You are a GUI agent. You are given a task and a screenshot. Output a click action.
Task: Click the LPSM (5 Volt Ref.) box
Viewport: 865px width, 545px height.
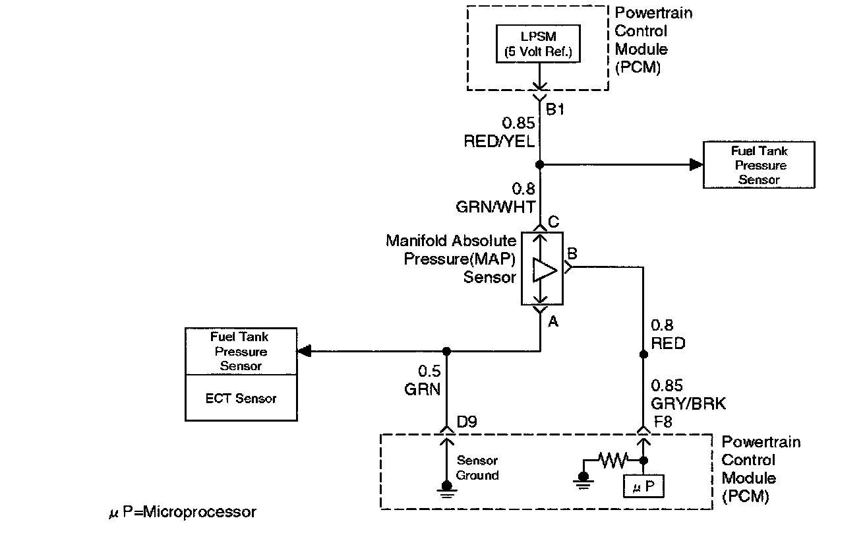(538, 44)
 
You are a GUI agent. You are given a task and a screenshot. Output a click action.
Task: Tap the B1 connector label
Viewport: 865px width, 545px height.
(555, 110)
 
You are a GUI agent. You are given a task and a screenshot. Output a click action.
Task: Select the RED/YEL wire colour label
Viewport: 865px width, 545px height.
(499, 141)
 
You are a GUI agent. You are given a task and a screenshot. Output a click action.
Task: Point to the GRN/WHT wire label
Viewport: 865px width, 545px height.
(495, 207)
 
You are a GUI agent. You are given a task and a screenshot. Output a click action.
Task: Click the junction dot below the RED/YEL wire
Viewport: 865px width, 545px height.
(540, 165)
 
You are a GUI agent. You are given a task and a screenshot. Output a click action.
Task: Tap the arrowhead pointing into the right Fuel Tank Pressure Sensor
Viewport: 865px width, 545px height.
(696, 165)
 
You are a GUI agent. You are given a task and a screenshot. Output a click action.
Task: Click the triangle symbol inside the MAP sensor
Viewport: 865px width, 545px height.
(545, 270)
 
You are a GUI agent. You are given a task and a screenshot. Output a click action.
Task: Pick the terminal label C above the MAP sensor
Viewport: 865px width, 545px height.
(553, 222)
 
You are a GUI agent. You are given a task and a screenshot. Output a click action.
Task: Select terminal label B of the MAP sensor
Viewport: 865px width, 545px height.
(572, 253)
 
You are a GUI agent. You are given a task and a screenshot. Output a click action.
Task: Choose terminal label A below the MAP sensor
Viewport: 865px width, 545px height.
(553, 321)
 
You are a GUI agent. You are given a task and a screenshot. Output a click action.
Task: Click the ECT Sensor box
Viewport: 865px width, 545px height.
(241, 398)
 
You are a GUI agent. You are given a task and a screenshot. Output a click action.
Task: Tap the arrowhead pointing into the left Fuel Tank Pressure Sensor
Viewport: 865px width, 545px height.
(304, 352)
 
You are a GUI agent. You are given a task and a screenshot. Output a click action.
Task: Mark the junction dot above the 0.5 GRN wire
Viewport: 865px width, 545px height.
(446, 352)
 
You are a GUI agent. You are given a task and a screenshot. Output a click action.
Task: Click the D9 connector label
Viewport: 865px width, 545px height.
(467, 422)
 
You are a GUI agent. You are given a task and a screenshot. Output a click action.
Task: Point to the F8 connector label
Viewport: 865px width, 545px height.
(663, 422)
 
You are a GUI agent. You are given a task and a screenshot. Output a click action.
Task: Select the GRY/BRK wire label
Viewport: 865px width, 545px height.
(688, 404)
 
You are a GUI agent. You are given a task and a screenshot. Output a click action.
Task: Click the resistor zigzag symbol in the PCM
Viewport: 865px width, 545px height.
(613, 461)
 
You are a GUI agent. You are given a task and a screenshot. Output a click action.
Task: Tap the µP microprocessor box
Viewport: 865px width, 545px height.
(643, 486)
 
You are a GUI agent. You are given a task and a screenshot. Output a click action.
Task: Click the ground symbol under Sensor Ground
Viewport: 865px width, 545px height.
(447, 490)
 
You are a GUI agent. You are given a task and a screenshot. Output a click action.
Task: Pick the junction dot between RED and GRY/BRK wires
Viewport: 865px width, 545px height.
(643, 354)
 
